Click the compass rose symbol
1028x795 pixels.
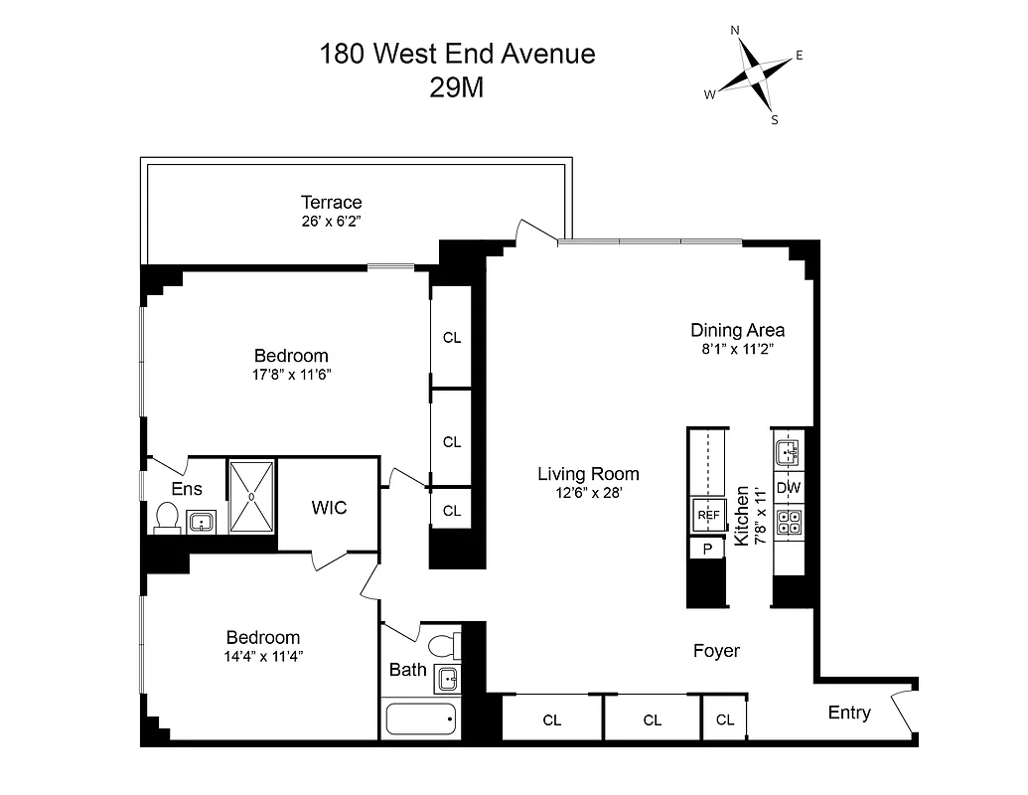tap(755, 76)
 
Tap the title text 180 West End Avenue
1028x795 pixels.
tap(457, 54)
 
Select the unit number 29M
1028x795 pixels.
tap(457, 87)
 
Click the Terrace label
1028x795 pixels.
tap(332, 203)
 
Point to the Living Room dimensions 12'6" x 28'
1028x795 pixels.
tap(588, 492)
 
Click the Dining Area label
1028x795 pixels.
tap(738, 330)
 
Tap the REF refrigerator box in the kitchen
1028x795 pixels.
tap(708, 515)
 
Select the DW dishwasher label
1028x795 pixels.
tap(789, 488)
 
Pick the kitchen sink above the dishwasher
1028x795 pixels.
tap(789, 453)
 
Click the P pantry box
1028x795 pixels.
tap(708, 549)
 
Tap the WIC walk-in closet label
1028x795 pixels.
tap(329, 508)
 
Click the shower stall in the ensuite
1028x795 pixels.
tap(252, 495)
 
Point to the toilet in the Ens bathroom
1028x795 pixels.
tap(167, 517)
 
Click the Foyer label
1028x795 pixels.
tap(716, 651)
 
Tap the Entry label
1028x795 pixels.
tap(849, 713)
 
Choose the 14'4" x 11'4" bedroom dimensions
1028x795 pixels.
tap(263, 656)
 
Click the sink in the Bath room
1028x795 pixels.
tap(448, 680)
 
